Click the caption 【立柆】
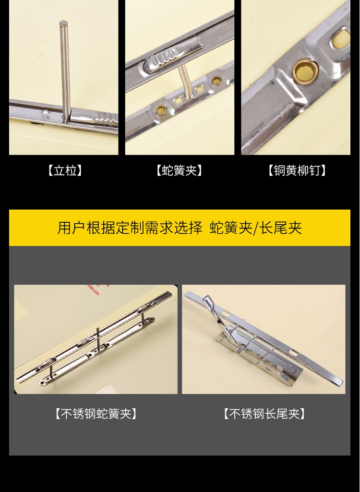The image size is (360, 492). [x=65, y=171]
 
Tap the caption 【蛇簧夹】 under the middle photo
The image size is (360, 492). [x=179, y=171]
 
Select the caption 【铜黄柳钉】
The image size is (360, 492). [x=297, y=171]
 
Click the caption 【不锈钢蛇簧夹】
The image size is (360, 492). [x=96, y=414]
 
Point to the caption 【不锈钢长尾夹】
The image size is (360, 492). [x=264, y=414]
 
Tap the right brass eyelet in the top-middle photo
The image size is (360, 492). [x=216, y=81]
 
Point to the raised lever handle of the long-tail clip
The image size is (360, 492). [x=214, y=314]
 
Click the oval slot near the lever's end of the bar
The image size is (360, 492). [x=226, y=313]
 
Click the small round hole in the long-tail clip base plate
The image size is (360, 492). [x=295, y=371]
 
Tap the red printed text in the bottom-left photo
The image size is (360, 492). [x=98, y=290]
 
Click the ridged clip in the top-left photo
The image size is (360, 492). [x=94, y=118]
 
